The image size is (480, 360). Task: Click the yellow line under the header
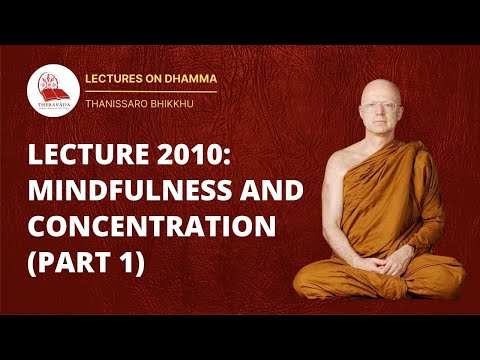160,91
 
